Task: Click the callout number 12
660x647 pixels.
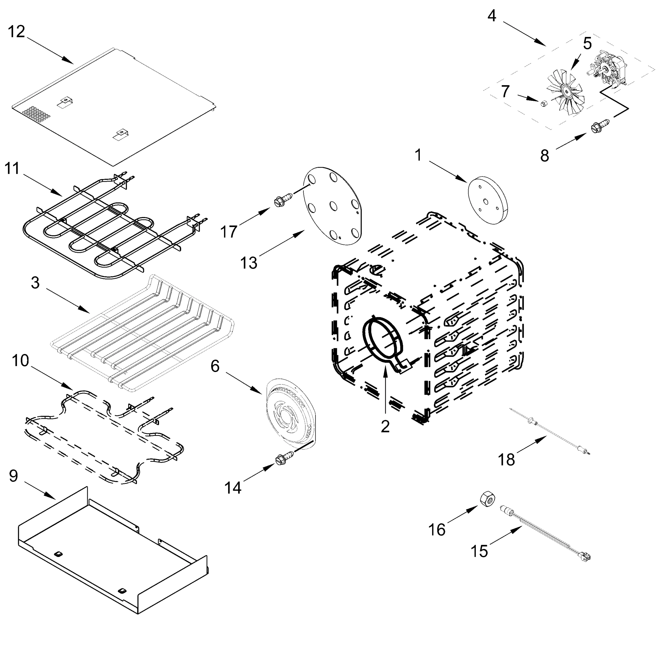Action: coord(16,32)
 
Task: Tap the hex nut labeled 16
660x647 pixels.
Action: coord(487,499)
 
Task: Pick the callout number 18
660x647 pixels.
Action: coord(506,459)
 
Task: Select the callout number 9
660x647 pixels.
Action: coord(13,476)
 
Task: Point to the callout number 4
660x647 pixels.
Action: coord(492,16)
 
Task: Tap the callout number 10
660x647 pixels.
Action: coord(21,360)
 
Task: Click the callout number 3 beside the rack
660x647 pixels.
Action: coord(35,283)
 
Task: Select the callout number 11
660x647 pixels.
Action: coord(12,168)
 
